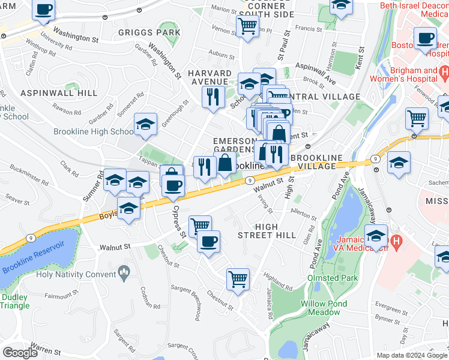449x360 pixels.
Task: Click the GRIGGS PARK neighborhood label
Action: (149, 32)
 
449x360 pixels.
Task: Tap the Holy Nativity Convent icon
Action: (124, 274)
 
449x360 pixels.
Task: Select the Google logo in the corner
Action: (20, 352)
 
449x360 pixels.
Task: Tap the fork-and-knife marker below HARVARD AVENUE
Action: (212, 97)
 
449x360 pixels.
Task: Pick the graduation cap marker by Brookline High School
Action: (145, 124)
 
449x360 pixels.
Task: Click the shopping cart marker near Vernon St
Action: (247, 26)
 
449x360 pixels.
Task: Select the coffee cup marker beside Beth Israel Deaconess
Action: (426, 38)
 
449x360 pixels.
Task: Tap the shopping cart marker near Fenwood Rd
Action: (416, 118)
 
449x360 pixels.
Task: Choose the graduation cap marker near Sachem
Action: (399, 163)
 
